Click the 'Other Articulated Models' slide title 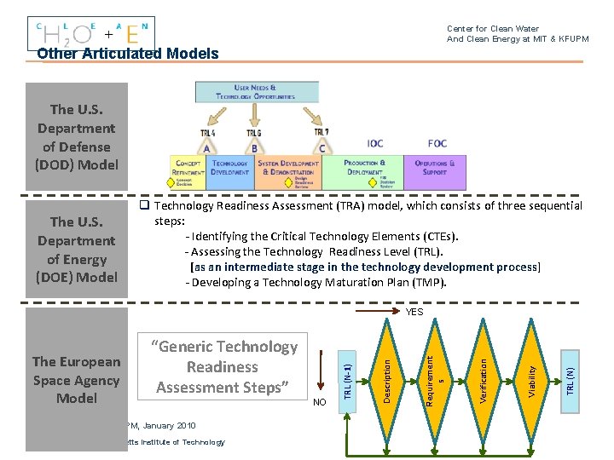click(x=128, y=54)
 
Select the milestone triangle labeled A click(x=207, y=147)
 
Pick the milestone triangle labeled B click(x=253, y=147)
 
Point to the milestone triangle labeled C click(x=322, y=147)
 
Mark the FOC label click(x=437, y=143)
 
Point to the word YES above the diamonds click(x=415, y=312)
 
